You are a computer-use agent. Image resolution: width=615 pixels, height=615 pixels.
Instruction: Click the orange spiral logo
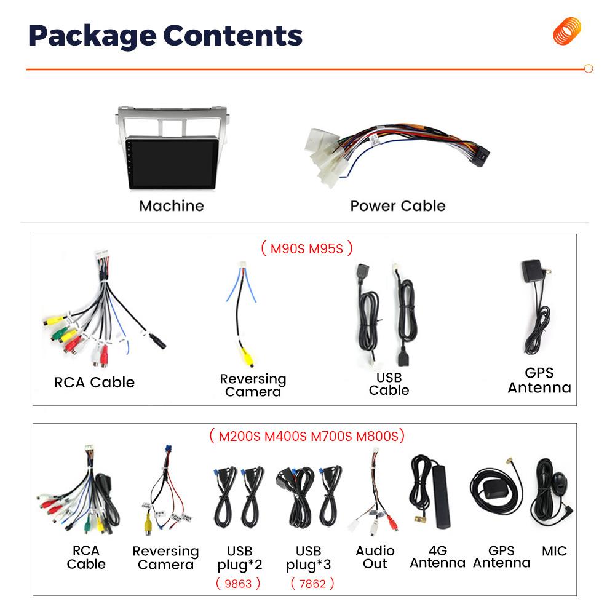(x=566, y=31)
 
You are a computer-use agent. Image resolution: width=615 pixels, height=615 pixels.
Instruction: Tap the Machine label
(x=171, y=205)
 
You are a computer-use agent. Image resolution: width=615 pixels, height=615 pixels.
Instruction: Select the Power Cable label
(x=397, y=205)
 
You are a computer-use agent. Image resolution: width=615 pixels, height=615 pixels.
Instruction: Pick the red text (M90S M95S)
(x=306, y=248)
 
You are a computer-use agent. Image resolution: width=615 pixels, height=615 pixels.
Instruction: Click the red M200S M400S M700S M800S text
(x=307, y=436)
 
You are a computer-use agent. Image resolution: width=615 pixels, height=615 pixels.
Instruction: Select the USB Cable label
(x=389, y=383)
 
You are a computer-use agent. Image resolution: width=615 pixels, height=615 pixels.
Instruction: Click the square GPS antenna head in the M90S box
(x=532, y=272)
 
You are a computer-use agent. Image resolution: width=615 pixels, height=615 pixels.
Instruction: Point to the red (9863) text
(x=238, y=583)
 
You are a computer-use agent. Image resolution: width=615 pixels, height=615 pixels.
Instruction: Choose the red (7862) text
(x=312, y=583)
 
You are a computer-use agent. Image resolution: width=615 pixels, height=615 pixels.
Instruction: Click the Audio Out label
(x=375, y=557)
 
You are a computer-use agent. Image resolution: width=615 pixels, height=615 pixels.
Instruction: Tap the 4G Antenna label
(x=437, y=557)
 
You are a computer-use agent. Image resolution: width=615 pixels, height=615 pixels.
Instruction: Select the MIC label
(x=554, y=551)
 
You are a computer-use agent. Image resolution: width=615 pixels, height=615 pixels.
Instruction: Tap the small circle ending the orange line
(x=588, y=69)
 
